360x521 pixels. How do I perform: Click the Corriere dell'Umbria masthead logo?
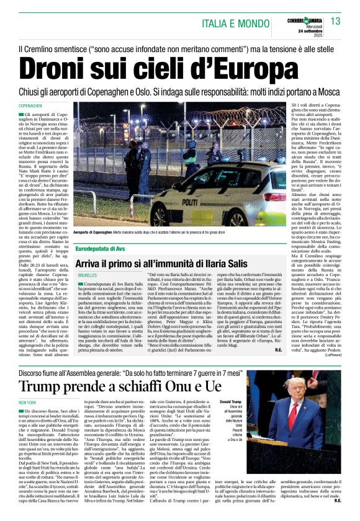(302, 17)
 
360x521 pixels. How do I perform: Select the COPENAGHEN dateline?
(31, 106)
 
